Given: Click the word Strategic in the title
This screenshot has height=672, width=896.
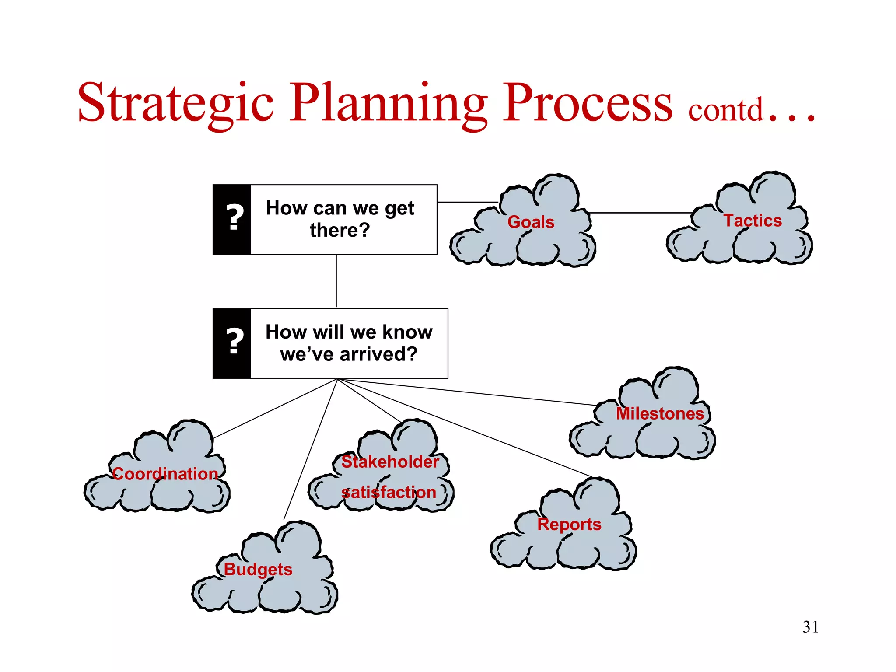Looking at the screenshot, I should click(175, 103).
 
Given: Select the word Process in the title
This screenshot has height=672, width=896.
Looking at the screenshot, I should click(587, 103).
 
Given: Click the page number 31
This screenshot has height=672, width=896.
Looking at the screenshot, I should click(810, 627).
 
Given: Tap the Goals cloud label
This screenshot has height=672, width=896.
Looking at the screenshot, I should click(531, 222).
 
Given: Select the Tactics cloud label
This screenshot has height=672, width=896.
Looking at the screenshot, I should click(752, 220).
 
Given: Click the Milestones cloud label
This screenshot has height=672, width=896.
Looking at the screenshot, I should click(660, 413).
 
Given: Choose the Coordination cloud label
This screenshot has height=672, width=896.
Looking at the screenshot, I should click(165, 474).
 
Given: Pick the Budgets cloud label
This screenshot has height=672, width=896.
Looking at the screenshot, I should click(258, 569).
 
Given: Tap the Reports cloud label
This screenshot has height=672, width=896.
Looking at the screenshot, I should click(569, 524).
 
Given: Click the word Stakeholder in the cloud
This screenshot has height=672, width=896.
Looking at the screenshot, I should click(390, 462).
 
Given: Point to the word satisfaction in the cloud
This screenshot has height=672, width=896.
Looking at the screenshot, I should click(388, 492).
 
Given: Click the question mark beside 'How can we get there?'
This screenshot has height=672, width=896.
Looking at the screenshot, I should click(234, 217).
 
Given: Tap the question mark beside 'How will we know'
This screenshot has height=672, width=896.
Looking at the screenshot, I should click(234, 341).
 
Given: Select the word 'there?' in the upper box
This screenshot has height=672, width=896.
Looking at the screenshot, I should click(340, 230).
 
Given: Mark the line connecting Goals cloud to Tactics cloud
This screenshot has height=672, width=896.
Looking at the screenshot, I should click(641, 213).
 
